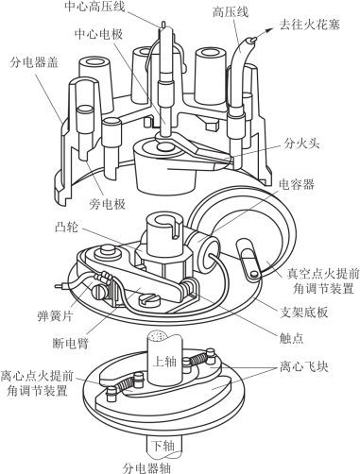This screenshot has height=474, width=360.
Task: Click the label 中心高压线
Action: pyautogui.click(x=94, y=7)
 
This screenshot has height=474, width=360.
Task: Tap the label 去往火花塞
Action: pyautogui.click(x=310, y=25)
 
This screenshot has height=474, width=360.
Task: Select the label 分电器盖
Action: pyautogui.click(x=34, y=62)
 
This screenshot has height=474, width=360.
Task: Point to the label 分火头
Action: pyautogui.click(x=301, y=144)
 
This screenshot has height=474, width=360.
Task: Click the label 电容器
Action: pyautogui.click(x=297, y=184)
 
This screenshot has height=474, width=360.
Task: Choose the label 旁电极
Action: pyautogui.click(x=108, y=205)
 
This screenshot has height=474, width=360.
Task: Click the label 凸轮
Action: pyautogui.click(x=67, y=228)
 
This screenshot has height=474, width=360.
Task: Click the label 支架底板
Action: pyautogui.click(x=304, y=312)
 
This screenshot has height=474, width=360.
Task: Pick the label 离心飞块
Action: pyautogui.click(x=304, y=367)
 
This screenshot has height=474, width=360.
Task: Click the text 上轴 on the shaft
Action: pyautogui.click(x=164, y=362)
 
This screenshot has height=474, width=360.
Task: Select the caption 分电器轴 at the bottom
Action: pyautogui.click(x=146, y=467)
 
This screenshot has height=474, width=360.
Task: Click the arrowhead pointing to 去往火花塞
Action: pyautogui.click(x=268, y=30)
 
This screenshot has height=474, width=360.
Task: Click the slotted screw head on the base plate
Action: pyautogui.click(x=149, y=299)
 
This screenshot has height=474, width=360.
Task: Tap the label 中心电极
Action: pyautogui.click(x=98, y=34)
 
